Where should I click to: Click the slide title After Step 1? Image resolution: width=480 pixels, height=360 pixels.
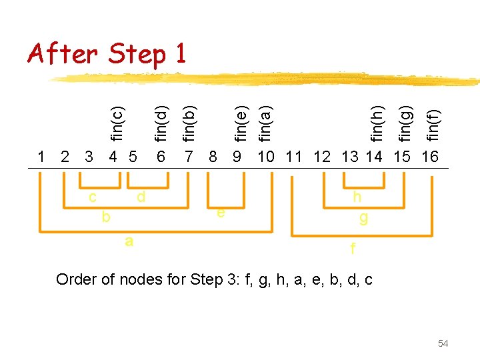pos(107,53)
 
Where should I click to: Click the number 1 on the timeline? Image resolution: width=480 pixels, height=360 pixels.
pos(42,157)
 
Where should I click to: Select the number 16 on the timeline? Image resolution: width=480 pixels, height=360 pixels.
pos(430,157)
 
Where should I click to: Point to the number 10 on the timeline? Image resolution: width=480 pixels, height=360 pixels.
pos(266,157)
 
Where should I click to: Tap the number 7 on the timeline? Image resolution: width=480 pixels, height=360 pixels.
pos(189,157)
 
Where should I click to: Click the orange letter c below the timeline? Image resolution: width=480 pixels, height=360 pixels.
pos(93,197)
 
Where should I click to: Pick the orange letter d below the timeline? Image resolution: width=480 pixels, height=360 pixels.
pos(141,197)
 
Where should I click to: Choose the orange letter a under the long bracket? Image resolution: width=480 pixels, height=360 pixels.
pos(129,241)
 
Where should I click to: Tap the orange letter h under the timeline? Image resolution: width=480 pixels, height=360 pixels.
pos(357,197)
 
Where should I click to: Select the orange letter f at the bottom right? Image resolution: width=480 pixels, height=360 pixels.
pos(353,250)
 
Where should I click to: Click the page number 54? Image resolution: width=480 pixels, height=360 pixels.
pos(443,343)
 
